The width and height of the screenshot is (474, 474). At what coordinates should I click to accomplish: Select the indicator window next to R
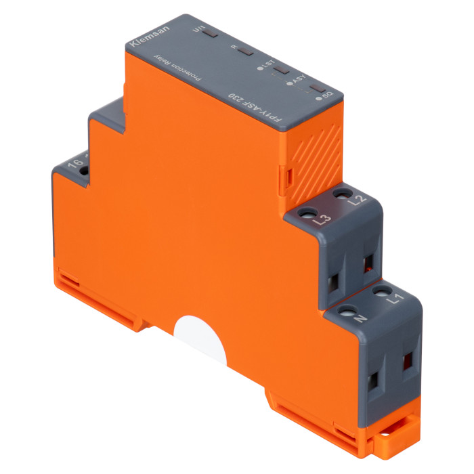(245, 51)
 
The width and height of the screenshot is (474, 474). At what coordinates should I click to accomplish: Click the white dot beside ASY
(290, 84)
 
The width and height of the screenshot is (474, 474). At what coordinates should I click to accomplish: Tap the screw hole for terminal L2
(338, 194)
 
